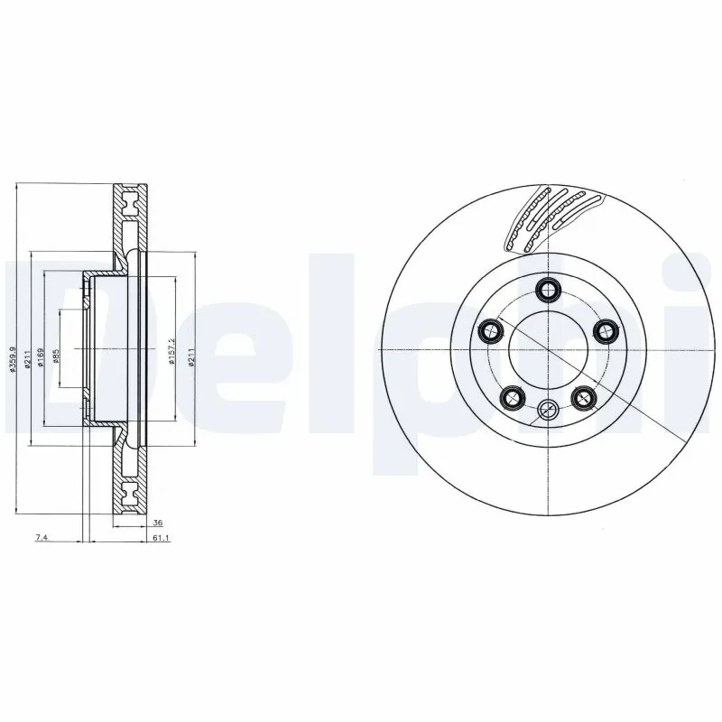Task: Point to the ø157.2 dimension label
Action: coord(171,348)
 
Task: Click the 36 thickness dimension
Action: coord(157,523)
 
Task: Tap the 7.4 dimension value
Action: coord(41,538)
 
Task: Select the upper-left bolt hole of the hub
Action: coord(490,331)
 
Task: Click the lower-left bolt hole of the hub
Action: coord(512,396)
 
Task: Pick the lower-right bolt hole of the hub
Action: coord(583,396)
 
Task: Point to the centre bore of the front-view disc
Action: coord(547,350)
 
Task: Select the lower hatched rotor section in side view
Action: coord(129,478)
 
